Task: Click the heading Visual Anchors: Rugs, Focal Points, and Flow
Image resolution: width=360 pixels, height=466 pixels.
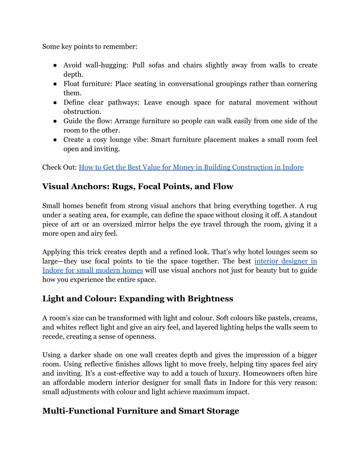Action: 137,186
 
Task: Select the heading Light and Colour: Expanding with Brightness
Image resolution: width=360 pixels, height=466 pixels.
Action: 137,299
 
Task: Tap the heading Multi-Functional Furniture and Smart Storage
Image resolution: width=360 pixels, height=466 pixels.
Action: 141,411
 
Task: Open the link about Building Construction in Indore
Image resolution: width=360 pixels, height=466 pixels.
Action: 191,167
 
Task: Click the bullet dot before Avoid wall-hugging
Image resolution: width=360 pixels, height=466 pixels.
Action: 56,65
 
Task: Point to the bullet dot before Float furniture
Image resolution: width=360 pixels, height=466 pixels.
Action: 56,84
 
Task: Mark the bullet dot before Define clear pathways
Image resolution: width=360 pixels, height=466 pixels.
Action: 56,103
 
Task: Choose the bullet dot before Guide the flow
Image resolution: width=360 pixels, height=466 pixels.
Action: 56,121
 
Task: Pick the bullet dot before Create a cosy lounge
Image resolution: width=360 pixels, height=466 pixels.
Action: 56,140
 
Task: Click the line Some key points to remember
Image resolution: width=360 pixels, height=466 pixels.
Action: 90,47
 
